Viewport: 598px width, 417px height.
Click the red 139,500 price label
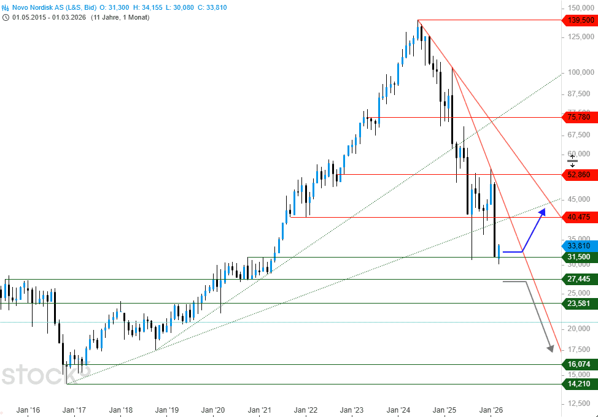coord(580,21)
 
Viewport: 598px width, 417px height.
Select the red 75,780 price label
coord(580,117)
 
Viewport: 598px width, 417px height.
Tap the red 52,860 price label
coord(580,175)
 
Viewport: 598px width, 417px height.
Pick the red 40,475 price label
coord(580,217)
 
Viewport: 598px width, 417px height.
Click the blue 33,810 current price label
coord(580,245)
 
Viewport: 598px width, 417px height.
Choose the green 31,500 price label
coord(580,257)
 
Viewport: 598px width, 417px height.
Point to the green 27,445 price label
coord(580,279)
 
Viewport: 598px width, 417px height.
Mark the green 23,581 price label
coord(580,302)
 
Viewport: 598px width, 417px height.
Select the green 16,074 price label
coord(580,364)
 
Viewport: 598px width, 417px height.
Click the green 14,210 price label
coord(580,384)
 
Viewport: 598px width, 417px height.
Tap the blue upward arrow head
coord(542,213)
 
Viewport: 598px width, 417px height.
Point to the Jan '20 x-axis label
coord(213,409)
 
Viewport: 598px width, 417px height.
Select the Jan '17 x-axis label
coord(74,409)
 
